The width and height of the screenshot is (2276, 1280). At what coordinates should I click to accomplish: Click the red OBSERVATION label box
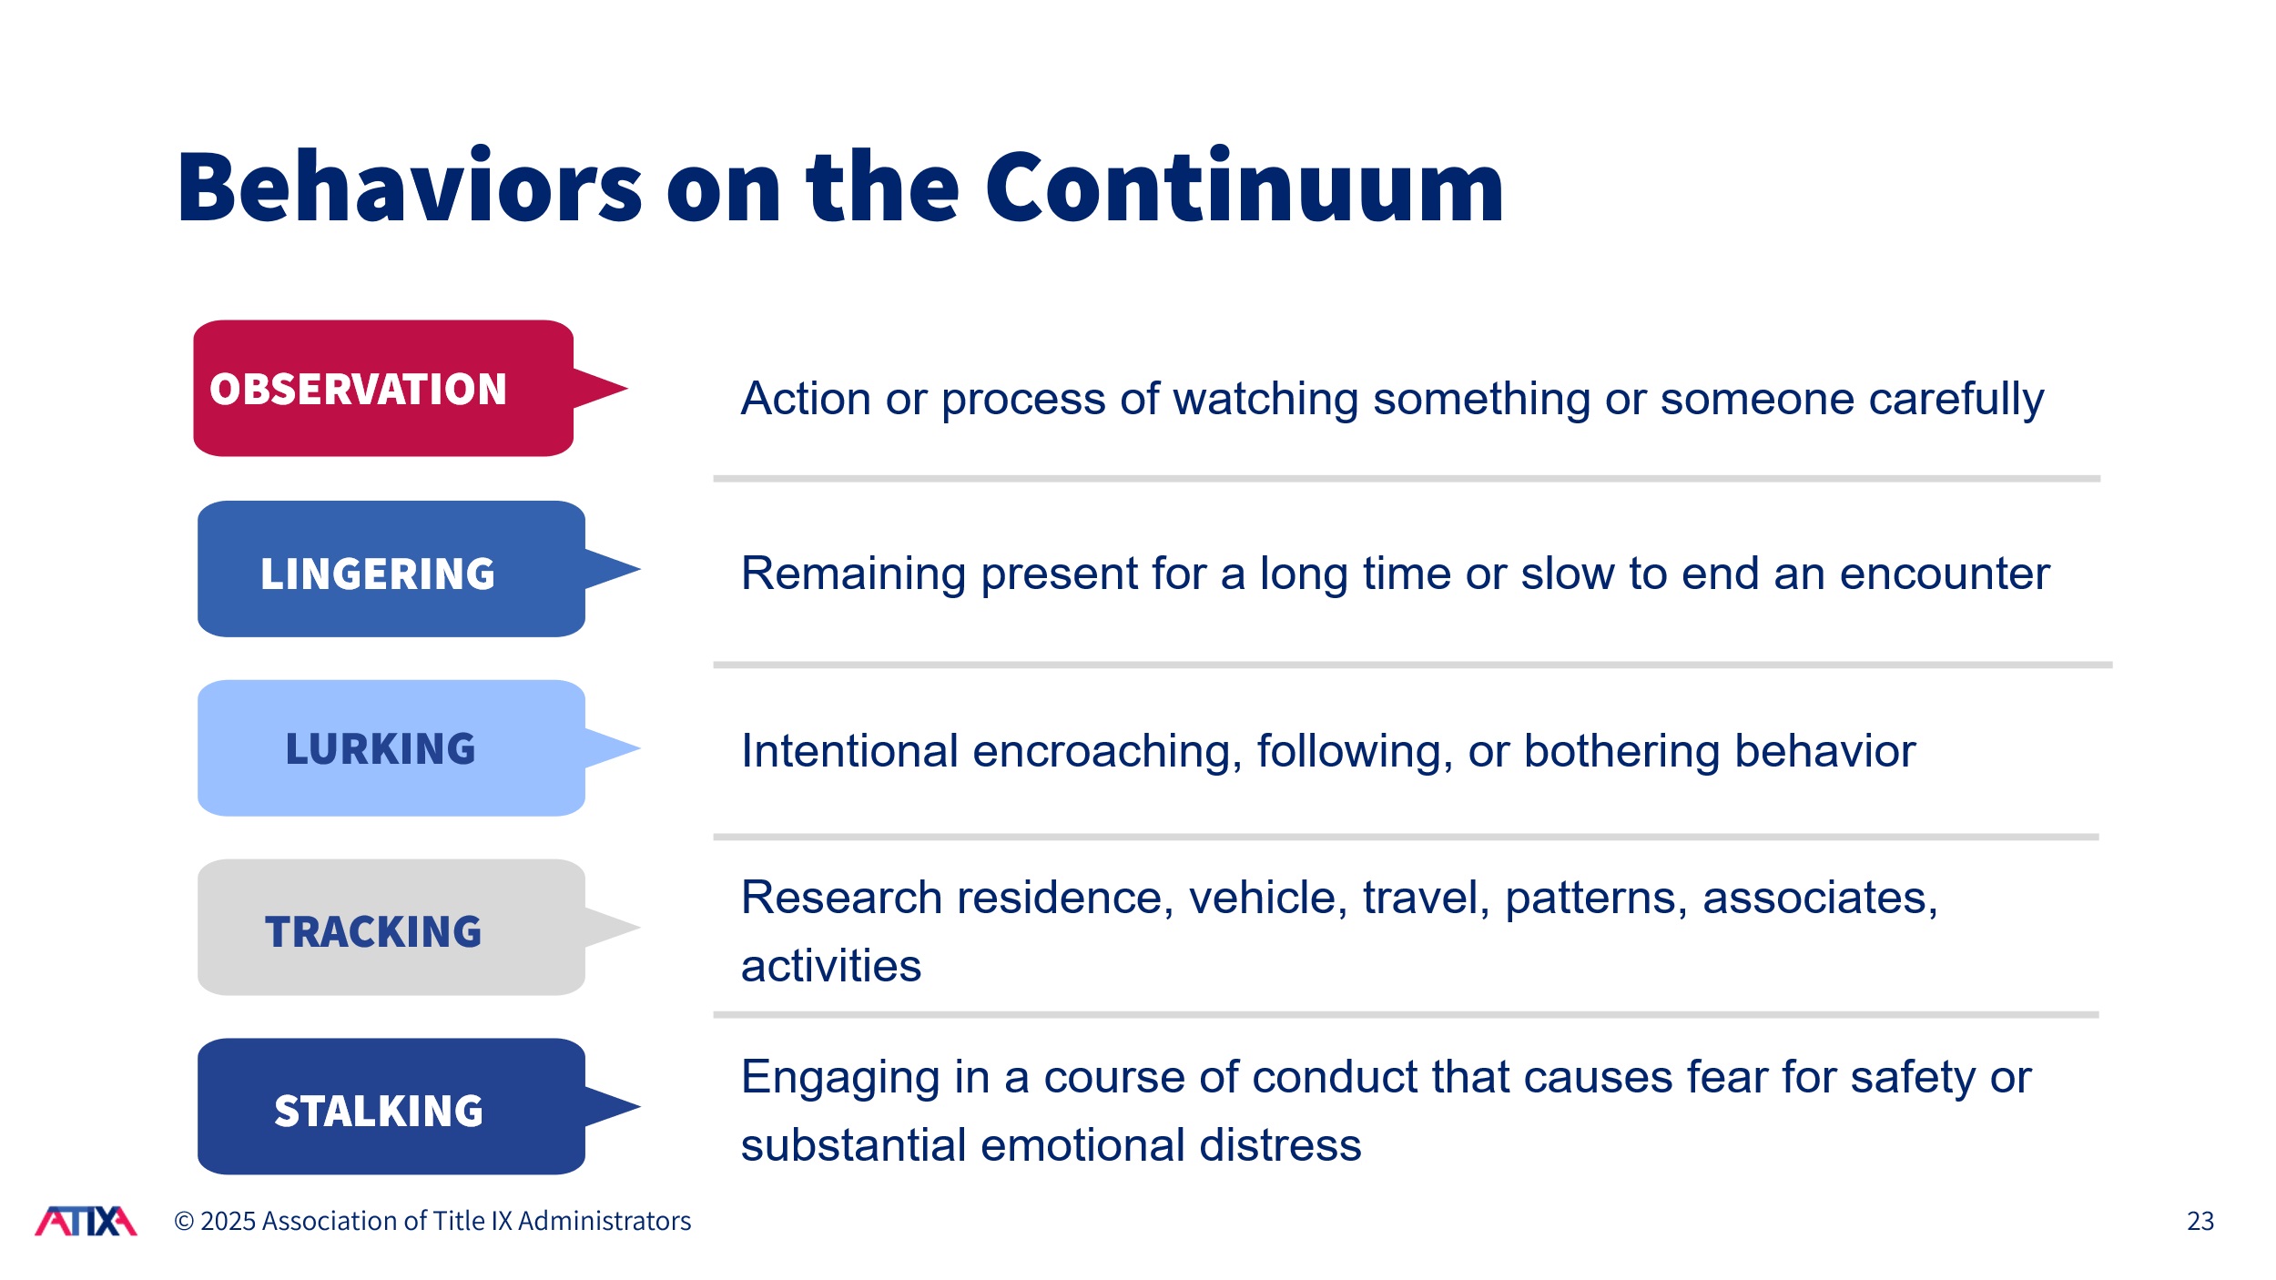tap(383, 388)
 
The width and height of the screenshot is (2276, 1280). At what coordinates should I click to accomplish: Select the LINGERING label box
tap(391, 569)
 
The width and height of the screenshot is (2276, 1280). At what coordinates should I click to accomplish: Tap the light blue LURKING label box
tap(391, 748)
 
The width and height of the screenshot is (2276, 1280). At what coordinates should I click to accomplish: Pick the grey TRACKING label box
tap(391, 928)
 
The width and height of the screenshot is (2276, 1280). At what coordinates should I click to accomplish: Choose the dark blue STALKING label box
tap(391, 1107)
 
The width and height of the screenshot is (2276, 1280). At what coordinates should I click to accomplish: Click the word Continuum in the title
tap(1245, 188)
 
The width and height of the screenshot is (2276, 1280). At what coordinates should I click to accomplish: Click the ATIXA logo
tap(86, 1222)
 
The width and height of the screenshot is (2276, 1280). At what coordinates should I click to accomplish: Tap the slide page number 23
tap(2200, 1222)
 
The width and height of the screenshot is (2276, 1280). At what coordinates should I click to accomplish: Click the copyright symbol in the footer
tap(184, 1222)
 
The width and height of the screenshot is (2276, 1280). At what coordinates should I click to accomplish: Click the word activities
tap(831, 966)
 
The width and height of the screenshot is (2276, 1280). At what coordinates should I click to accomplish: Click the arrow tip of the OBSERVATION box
tap(627, 389)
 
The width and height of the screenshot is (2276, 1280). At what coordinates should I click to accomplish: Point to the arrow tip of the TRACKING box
tap(640, 928)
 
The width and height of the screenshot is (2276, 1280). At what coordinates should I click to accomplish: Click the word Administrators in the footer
tap(605, 1222)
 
